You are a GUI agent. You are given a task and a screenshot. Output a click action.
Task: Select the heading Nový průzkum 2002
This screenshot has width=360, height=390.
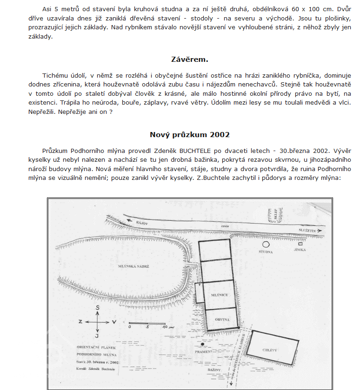coord(189,135)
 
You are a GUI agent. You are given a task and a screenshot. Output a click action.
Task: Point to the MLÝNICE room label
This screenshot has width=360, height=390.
coord(218,295)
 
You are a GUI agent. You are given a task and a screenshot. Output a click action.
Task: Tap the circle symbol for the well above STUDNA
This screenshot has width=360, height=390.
coord(266,244)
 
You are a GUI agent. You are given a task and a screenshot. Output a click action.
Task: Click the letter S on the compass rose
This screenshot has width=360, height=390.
coord(97,308)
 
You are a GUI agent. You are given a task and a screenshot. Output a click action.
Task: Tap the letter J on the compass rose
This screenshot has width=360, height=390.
coord(97,336)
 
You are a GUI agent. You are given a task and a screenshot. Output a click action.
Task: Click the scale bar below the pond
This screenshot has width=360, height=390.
coord(147,323)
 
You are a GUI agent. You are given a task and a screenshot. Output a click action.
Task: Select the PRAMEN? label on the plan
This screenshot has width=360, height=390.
coord(204,351)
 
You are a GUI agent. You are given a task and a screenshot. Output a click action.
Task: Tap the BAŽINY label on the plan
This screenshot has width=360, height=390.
coord(213,369)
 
